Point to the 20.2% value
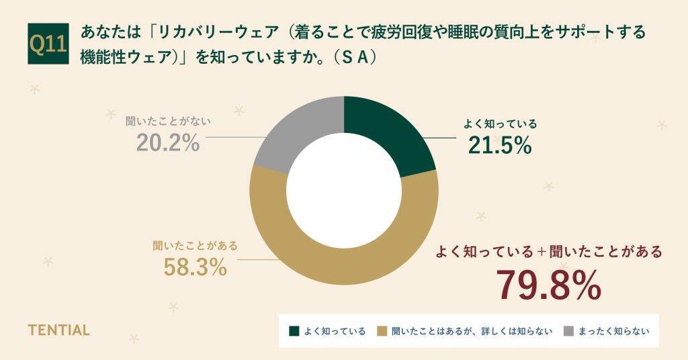(x=168, y=142)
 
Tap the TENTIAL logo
(x=58, y=330)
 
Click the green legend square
(x=294, y=331)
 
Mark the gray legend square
(x=568, y=331)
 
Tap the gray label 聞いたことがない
(x=168, y=122)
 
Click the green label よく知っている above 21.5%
(x=501, y=124)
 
